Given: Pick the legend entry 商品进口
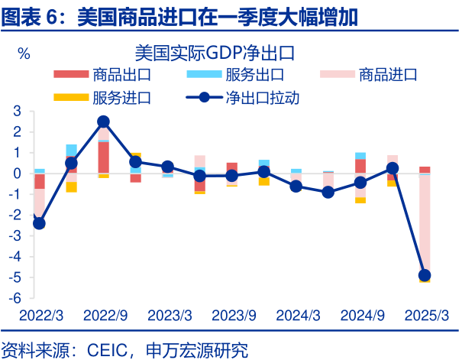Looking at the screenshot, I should [388, 74].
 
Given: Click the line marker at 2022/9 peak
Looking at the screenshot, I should [103, 122].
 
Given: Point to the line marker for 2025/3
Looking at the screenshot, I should [425, 275].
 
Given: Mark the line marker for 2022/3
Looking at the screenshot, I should [39, 223].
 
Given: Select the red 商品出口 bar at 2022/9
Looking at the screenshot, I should [103, 157].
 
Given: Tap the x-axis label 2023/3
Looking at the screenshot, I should [170, 315].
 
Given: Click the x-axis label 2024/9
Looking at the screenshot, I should [361, 315].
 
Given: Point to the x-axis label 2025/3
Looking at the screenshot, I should [425, 315].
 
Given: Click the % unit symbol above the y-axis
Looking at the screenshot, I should [24, 54].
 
